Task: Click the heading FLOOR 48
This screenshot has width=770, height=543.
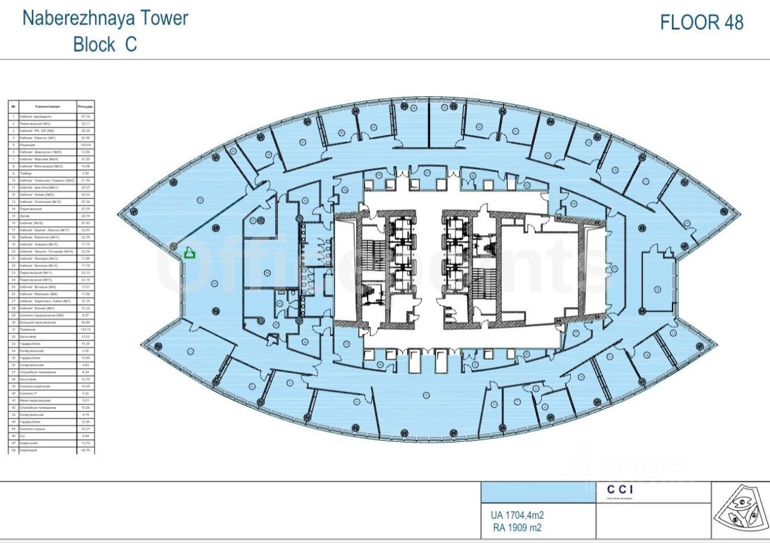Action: (701, 22)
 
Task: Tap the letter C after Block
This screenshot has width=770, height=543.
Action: (131, 44)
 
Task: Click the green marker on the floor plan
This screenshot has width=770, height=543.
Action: (190, 254)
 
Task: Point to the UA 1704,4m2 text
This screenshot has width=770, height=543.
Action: (518, 515)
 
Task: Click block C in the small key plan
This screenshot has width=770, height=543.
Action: (742, 503)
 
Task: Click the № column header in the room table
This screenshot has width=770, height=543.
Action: (13, 106)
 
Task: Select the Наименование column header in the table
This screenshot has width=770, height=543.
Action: (47, 106)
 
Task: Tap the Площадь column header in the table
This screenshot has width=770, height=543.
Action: (85, 106)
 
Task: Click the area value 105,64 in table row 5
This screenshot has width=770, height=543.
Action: (85, 145)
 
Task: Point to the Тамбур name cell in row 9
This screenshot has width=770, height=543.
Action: (27, 173)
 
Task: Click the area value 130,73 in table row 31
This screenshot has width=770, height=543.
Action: (85, 330)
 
